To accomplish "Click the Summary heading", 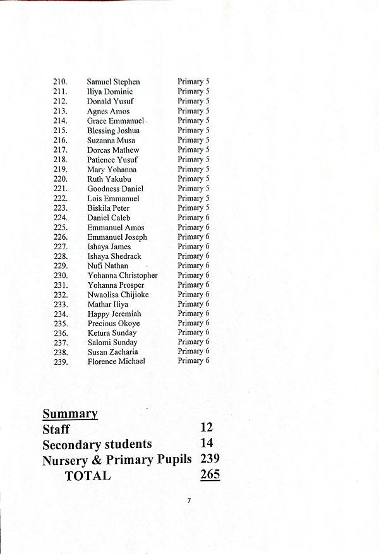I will click(69, 414).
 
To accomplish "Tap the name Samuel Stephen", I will click(113, 82).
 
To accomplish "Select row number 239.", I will click(61, 362).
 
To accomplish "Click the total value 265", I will click(210, 474).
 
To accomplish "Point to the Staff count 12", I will click(206, 428).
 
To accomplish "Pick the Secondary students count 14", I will click(206, 444).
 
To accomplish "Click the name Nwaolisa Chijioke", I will click(117, 295).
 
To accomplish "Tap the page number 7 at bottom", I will click(189, 500).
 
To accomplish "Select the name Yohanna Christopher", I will click(122, 276).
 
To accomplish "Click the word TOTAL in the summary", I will click(87, 476).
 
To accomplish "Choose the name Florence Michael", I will click(116, 362).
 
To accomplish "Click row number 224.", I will click(61, 218).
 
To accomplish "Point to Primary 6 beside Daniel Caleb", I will click(193, 218).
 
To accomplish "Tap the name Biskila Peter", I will click(108, 208).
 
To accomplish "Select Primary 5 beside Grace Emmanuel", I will click(193, 121).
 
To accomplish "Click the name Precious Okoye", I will click(113, 324).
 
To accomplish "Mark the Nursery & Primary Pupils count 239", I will click(210, 459).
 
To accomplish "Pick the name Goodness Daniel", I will click(115, 189).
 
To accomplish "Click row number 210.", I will click(61, 82).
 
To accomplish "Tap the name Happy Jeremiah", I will click(114, 314).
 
